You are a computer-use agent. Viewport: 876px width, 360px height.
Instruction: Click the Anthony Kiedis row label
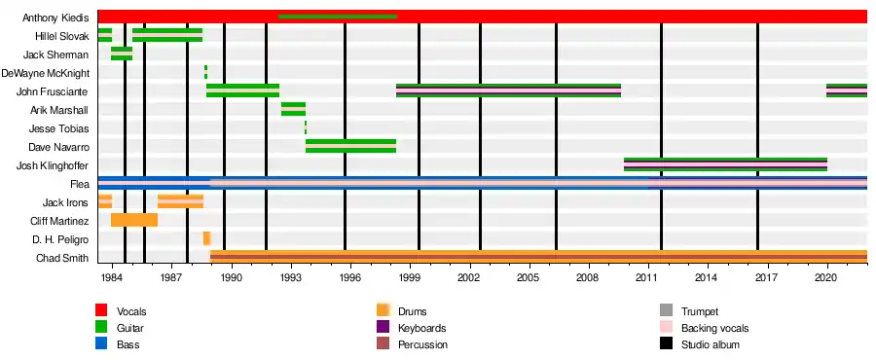point(55,18)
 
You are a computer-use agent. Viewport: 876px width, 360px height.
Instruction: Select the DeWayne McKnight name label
point(45,73)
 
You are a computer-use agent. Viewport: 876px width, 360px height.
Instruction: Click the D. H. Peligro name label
point(61,239)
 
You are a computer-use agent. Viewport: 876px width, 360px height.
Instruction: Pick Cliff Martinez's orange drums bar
point(134,220)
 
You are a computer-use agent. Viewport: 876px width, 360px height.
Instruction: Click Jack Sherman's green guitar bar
point(122,54)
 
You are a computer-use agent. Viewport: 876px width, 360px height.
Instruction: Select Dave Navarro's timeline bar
point(350,146)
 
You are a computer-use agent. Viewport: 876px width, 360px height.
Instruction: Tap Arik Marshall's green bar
point(293,109)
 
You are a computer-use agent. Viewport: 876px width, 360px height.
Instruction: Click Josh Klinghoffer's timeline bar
point(725,164)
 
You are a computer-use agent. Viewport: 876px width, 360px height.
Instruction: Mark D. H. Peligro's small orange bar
point(206,238)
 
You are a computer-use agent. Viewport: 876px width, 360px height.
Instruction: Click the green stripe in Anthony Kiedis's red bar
point(338,17)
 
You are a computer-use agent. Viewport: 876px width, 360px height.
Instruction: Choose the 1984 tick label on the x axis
point(112,278)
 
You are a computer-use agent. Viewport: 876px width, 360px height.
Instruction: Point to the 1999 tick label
point(410,278)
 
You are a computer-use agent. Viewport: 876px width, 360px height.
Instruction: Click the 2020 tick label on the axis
point(826,278)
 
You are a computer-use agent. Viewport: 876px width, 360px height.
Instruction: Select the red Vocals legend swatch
point(101,310)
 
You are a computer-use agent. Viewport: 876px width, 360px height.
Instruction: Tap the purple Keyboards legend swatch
point(383,327)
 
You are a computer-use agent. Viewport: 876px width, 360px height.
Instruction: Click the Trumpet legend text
point(700,311)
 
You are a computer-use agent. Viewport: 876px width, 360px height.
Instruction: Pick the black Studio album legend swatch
point(665,343)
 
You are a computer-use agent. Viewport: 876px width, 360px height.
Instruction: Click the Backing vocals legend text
point(714,328)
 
